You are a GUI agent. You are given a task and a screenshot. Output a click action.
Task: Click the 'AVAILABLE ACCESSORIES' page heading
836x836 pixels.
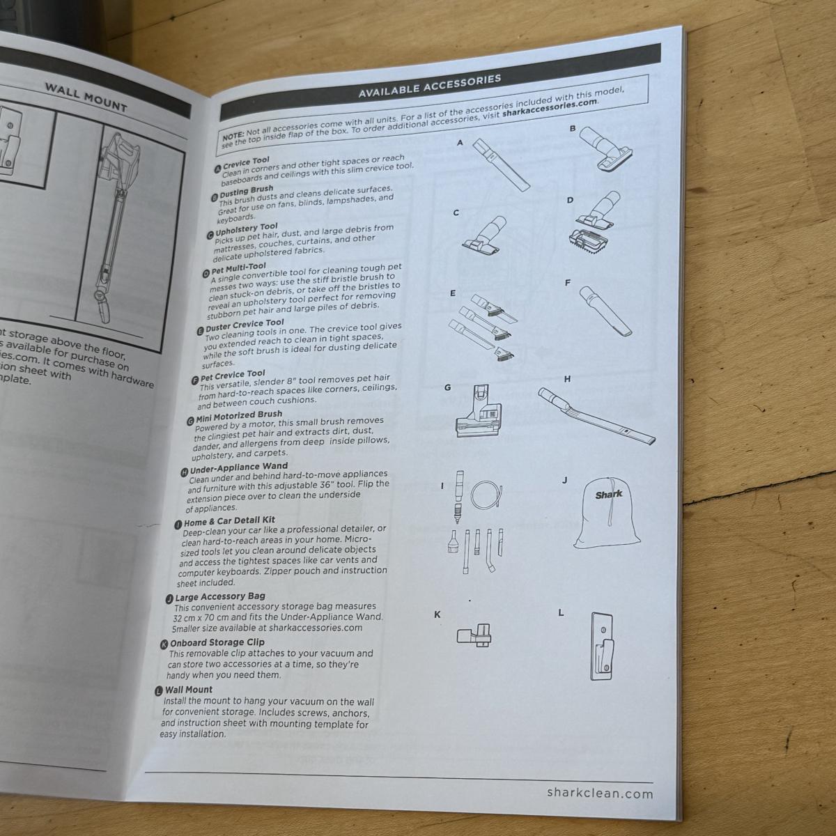[429, 85]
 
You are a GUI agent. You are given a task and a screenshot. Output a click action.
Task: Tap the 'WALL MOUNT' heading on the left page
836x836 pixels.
[86, 97]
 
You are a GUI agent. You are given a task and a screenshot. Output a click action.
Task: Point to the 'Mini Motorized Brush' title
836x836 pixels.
[238, 415]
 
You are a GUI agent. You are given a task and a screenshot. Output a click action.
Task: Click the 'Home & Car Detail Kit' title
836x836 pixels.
[229, 521]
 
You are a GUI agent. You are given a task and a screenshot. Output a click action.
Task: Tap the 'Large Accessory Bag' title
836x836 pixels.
[219, 596]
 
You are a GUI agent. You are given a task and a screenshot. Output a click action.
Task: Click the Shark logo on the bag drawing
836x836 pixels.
[608, 495]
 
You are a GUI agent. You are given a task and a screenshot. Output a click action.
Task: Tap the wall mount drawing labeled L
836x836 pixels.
[602, 646]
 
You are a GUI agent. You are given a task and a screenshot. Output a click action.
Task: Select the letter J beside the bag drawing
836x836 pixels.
[564, 480]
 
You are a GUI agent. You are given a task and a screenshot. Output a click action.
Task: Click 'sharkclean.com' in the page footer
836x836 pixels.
[600, 793]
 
